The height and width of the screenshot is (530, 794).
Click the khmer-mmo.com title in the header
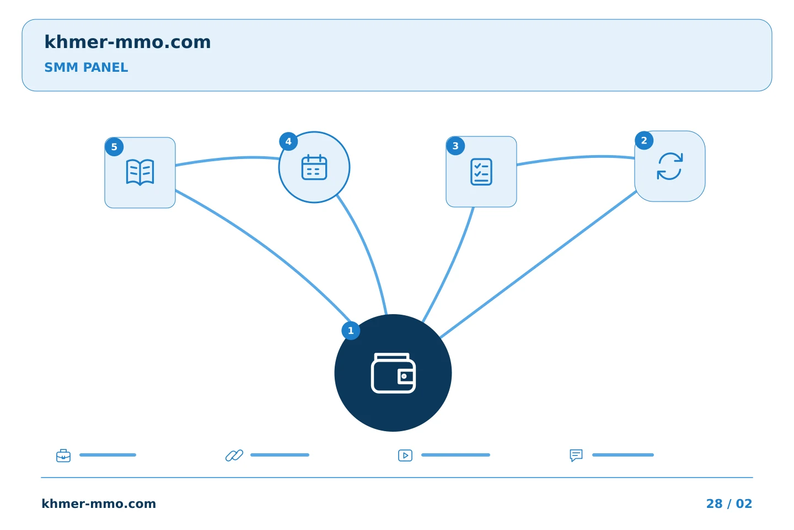pyautogui.click(x=127, y=42)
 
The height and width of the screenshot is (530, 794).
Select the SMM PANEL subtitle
pyautogui.click(x=86, y=67)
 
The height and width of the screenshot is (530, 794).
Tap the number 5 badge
pyautogui.click(x=114, y=147)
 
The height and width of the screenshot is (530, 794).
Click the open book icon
pyautogui.click(x=140, y=172)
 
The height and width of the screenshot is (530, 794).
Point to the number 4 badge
pyautogui.click(x=288, y=142)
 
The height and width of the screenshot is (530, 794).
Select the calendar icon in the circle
pyautogui.click(x=314, y=167)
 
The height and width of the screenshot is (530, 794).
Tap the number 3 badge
pyautogui.click(x=455, y=146)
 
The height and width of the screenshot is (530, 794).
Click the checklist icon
pyautogui.click(x=481, y=172)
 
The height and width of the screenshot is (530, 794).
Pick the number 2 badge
pyautogui.click(x=644, y=141)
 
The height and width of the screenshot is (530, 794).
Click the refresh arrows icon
pyautogui.click(x=670, y=166)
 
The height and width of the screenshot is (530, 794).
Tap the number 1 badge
pyautogui.click(x=351, y=331)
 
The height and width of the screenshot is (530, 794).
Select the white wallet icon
pyautogui.click(x=393, y=373)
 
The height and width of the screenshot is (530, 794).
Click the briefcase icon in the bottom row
pyautogui.click(x=63, y=455)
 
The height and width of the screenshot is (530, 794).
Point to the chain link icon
pyautogui.click(x=234, y=455)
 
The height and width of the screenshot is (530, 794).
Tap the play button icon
pyautogui.click(x=405, y=455)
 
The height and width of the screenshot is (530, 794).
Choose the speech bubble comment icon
pyautogui.click(x=576, y=455)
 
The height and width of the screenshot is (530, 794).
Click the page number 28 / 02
pyautogui.click(x=729, y=504)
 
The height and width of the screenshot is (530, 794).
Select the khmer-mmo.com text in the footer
pyautogui.click(x=99, y=504)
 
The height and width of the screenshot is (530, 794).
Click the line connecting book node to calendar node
pyautogui.click(x=227, y=158)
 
